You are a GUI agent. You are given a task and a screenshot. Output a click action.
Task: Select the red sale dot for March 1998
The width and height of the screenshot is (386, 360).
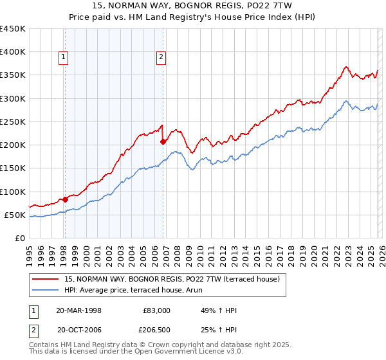(x=66, y=199)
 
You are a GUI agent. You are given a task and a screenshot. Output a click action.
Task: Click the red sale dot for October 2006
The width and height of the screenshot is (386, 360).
(x=163, y=141)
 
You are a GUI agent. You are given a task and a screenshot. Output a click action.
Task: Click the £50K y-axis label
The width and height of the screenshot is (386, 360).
(x=15, y=215)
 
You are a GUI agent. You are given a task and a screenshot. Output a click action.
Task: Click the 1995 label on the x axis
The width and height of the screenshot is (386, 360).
(x=29, y=253)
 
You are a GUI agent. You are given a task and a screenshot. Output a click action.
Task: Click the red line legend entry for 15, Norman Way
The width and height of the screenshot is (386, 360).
(x=172, y=279)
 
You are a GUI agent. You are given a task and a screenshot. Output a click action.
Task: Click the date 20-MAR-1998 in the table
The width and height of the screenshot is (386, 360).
(x=80, y=310)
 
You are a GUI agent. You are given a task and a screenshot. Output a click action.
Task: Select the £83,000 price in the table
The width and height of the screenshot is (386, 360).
(x=156, y=310)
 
